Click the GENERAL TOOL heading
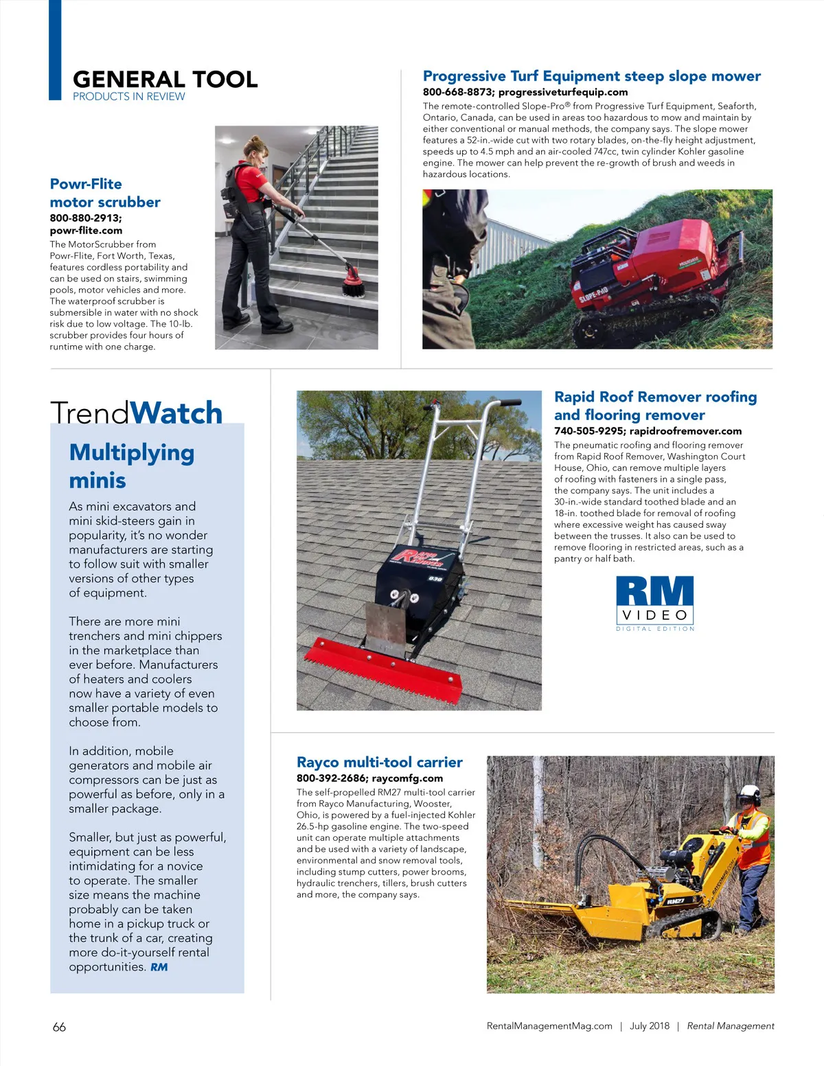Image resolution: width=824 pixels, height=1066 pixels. [x=165, y=79]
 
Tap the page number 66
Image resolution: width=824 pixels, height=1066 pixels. [x=59, y=1027]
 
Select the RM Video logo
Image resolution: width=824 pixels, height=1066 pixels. [x=655, y=603]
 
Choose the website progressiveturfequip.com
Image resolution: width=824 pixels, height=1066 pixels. [x=563, y=92]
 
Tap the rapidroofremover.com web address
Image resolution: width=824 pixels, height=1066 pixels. [x=685, y=431]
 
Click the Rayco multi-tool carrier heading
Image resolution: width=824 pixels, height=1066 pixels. [x=379, y=762]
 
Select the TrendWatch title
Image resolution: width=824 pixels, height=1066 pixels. [x=136, y=413]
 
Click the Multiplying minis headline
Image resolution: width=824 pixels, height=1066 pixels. [x=131, y=466]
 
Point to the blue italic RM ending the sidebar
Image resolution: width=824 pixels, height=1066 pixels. [x=159, y=967]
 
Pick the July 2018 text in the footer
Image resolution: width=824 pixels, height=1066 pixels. [x=649, y=1026]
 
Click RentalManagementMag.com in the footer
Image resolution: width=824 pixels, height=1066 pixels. [x=549, y=1026]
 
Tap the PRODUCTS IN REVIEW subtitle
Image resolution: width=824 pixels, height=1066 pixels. [x=128, y=97]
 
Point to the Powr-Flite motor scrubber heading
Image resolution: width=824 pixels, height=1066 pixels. [x=104, y=193]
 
